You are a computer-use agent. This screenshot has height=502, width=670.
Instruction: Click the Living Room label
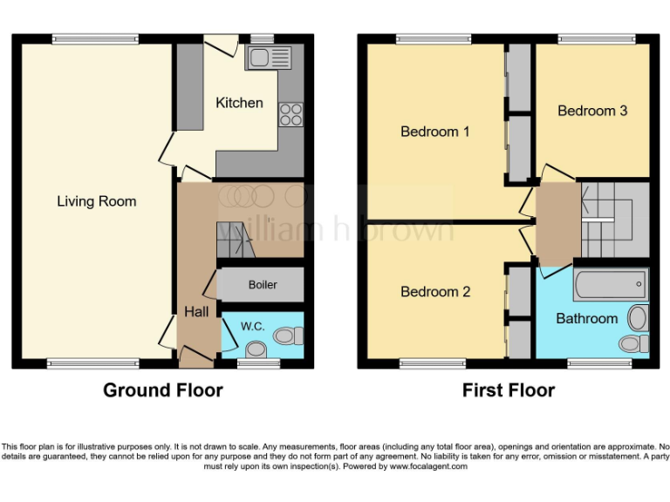[x=97, y=201]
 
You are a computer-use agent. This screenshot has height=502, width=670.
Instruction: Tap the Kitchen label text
[x=239, y=103]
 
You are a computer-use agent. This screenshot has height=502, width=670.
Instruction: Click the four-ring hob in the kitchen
[x=291, y=114]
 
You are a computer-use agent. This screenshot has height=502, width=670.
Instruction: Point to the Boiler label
[x=263, y=285]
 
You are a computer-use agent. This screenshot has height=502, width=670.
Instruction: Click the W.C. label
[x=252, y=327]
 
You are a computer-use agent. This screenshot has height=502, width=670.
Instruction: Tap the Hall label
[x=195, y=311]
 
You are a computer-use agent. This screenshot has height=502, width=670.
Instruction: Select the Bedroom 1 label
[x=435, y=132]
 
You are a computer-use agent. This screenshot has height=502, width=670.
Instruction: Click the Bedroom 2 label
[x=435, y=292]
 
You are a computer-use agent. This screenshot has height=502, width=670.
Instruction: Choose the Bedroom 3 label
[x=592, y=111]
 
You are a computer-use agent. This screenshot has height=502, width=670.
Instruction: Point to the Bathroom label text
[x=586, y=319]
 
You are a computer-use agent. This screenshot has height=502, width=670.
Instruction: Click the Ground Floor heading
[x=163, y=390]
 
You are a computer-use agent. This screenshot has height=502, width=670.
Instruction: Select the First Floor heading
[x=509, y=390]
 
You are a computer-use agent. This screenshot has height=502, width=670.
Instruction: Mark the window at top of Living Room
[x=94, y=38]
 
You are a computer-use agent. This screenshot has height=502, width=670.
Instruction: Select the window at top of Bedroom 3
[x=597, y=38]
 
